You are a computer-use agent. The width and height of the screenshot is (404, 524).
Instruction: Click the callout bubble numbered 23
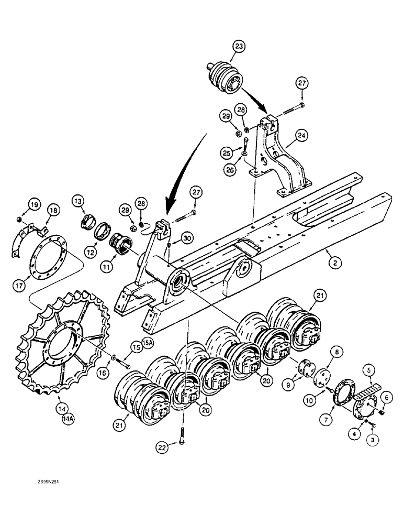[x=239, y=47]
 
